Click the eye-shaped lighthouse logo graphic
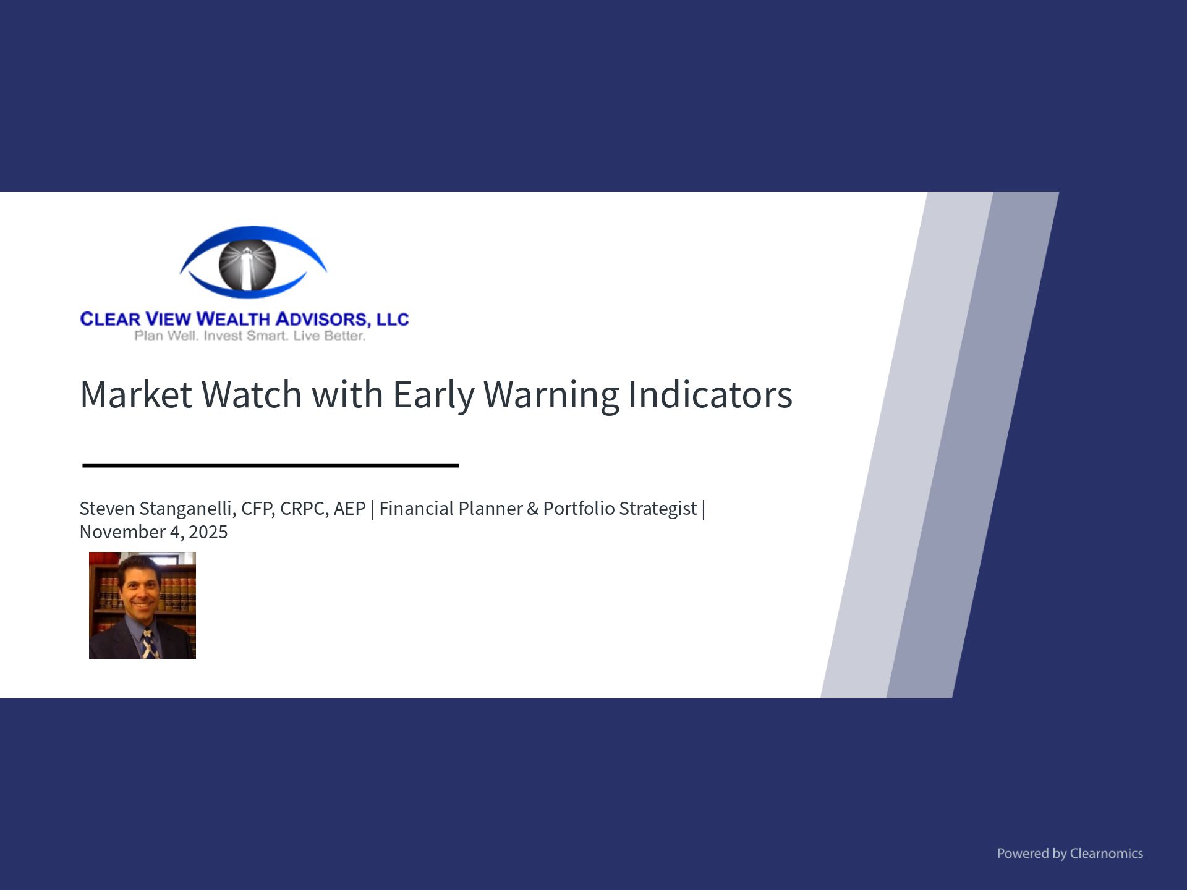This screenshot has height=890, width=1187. tap(253, 262)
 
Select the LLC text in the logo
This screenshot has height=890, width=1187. tap(393, 319)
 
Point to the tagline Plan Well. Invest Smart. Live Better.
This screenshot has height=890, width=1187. tap(250, 336)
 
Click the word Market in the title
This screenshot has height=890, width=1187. tap(136, 394)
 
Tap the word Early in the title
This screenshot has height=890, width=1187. tap(433, 396)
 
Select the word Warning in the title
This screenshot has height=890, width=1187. tap(551, 396)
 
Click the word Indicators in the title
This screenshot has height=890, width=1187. tap(710, 394)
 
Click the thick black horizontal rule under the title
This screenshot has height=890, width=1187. tap(271, 465)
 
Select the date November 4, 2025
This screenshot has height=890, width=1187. tap(154, 532)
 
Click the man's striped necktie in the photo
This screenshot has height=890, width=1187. tap(148, 643)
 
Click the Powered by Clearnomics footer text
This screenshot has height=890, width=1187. tap(1070, 854)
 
